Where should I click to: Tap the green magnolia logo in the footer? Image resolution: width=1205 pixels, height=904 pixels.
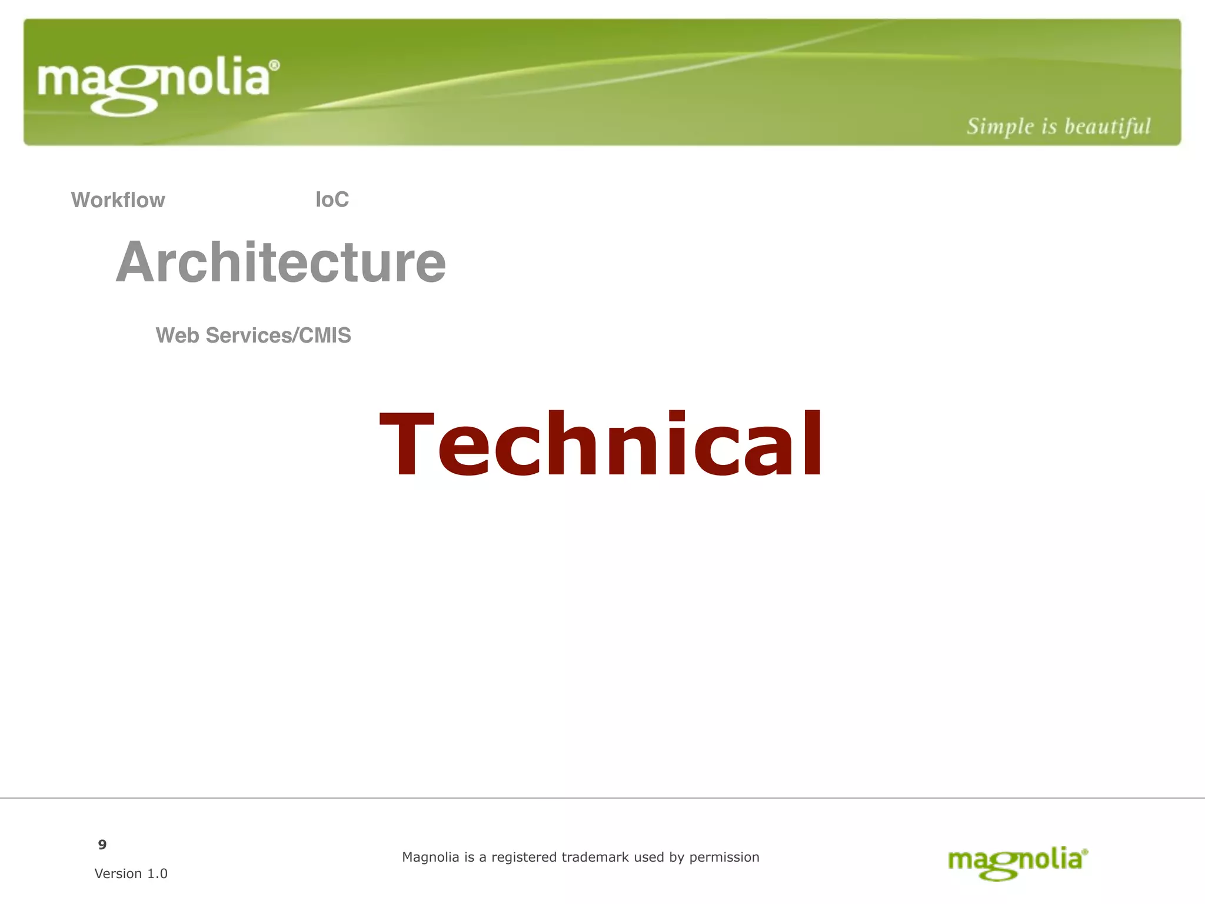tap(1017, 862)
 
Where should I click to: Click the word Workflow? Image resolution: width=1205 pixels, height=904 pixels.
tap(118, 200)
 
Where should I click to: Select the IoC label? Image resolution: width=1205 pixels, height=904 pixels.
tap(332, 200)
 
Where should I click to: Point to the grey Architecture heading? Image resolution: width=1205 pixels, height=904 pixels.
tap(281, 262)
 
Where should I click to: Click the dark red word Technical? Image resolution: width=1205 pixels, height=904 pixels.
tap(601, 444)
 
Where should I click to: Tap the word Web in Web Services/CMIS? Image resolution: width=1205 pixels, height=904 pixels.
tap(177, 335)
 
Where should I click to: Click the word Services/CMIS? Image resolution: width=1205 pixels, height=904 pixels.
tap(278, 335)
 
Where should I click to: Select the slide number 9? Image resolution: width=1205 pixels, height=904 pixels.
tap(102, 845)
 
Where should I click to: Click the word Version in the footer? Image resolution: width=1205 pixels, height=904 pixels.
tap(118, 873)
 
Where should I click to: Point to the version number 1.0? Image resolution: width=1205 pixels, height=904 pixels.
tap(157, 873)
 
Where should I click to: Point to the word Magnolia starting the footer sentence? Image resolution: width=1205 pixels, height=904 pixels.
tap(430, 858)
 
